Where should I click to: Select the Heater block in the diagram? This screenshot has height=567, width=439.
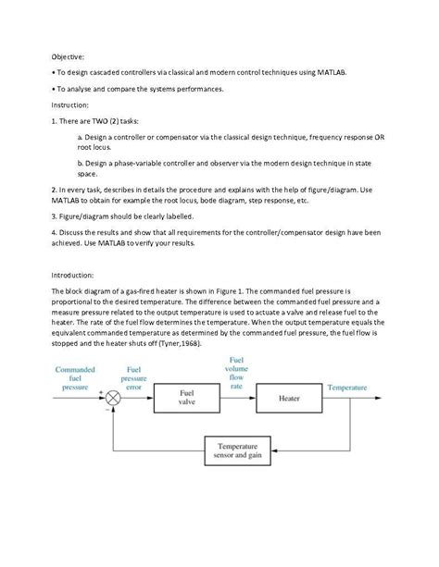click(288, 398)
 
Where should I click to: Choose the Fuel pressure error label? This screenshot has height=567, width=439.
click(133, 378)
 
